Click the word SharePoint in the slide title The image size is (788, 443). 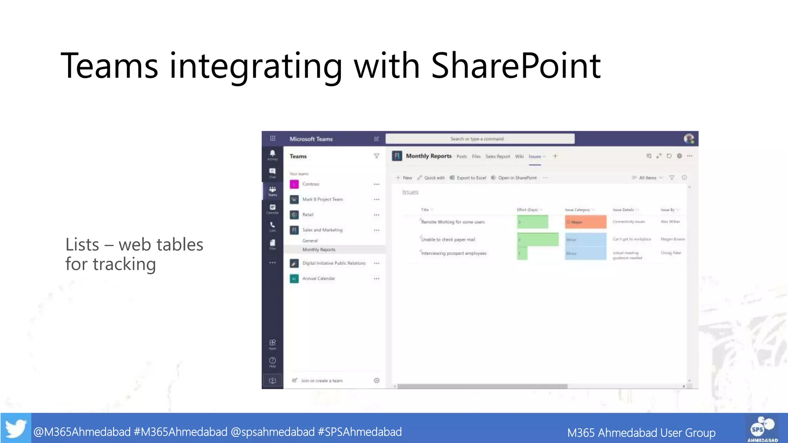point(516,66)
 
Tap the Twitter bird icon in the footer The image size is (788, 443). point(16,428)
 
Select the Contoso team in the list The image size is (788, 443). point(311,184)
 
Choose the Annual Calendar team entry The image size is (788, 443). point(319,278)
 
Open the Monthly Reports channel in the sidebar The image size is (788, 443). point(319,250)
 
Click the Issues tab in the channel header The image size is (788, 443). point(535,157)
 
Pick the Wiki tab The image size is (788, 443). point(519,157)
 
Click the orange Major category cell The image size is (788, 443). point(585,222)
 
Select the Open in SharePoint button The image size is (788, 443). point(517,178)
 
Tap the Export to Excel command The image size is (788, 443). point(471,178)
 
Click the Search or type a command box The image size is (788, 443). point(480,139)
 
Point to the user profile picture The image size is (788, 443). point(689,138)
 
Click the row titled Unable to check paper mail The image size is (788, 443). point(448,240)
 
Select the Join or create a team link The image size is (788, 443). point(321,381)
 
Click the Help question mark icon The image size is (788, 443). point(272,361)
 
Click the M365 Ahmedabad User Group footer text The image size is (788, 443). point(641,433)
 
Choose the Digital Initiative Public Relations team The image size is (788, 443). point(334,263)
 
